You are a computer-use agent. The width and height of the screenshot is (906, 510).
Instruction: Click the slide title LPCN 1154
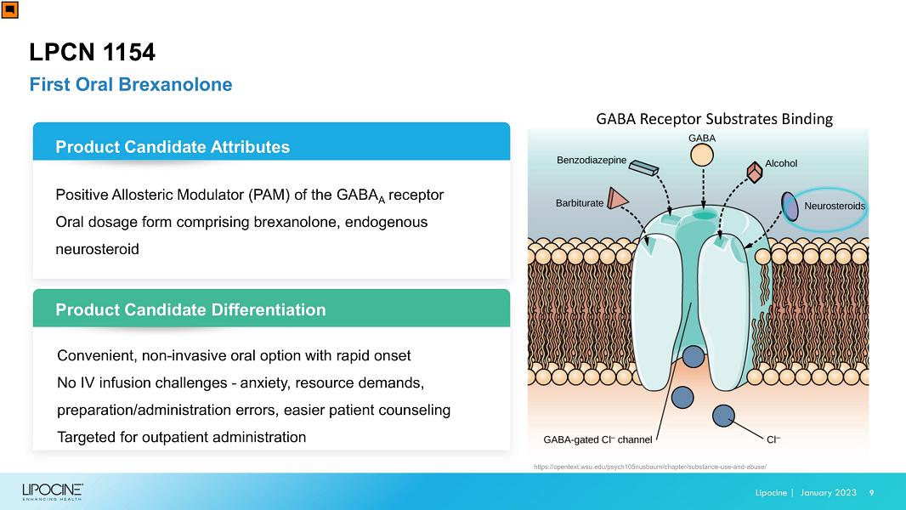93,52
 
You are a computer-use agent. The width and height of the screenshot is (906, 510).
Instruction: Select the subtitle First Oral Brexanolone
131,84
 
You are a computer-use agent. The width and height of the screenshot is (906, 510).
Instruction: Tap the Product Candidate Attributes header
173,147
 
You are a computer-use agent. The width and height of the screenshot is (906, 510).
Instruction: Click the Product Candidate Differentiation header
190,309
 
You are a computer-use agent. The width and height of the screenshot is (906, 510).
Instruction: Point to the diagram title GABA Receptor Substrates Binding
714,119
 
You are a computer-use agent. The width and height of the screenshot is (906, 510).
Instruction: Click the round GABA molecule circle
702,155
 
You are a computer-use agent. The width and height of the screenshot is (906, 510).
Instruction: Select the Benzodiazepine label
592,160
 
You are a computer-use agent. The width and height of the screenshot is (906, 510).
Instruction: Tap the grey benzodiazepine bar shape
643,167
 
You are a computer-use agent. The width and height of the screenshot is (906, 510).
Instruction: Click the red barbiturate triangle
617,198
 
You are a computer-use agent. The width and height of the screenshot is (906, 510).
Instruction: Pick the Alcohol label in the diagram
781,163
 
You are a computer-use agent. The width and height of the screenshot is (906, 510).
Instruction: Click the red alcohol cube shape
755,172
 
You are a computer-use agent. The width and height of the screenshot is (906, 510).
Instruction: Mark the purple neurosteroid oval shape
790,207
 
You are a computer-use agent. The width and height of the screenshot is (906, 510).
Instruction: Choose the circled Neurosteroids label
835,207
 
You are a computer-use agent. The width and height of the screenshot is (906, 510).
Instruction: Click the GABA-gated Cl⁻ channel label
597,439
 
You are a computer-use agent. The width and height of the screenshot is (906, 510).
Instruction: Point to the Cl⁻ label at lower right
773,439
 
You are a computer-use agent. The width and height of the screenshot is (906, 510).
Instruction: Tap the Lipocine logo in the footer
53,492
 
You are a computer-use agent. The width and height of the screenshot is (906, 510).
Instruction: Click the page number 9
871,493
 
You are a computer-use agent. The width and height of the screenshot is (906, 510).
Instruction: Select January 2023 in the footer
828,493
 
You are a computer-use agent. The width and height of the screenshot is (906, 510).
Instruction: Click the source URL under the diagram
650,467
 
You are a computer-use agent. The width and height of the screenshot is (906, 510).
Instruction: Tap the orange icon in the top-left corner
10,10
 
